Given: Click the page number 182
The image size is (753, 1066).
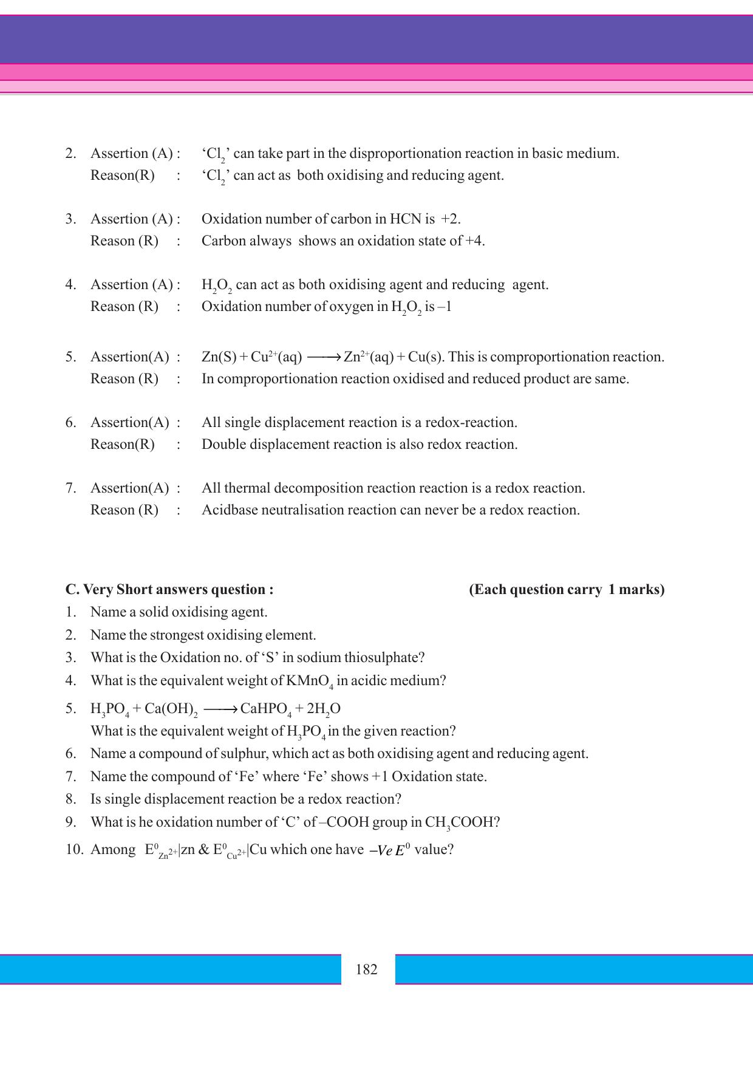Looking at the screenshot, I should coord(366,969).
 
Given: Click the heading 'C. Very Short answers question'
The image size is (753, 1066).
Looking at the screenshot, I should coord(169,589).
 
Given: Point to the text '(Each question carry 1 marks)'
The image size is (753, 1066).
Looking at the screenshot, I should coord(567,589).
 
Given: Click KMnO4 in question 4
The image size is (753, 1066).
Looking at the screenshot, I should coord(309,681).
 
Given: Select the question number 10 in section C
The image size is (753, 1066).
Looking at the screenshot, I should coord(73,849).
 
